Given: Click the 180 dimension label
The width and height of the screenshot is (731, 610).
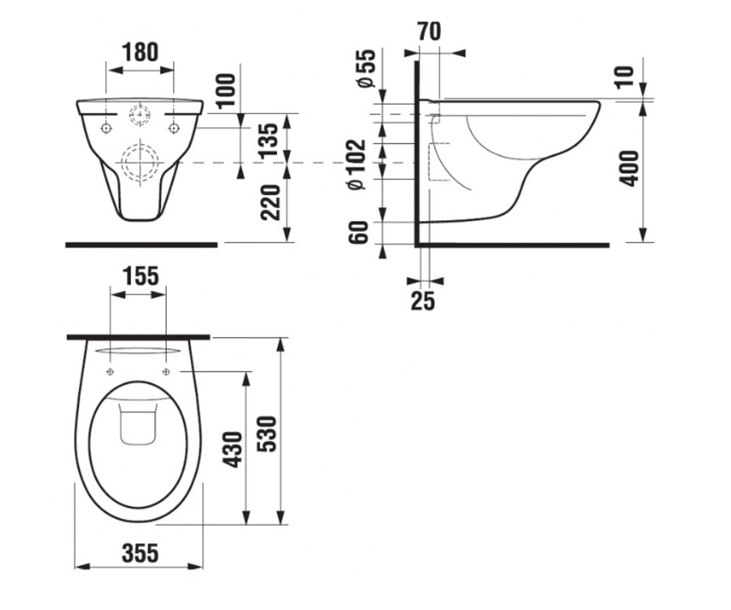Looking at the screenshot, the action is tap(140, 52).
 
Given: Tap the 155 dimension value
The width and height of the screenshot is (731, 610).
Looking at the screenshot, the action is tap(141, 276).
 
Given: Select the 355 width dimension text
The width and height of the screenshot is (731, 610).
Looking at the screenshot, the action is tap(140, 553).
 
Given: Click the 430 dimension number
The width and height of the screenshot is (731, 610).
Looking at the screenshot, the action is tap(233, 450).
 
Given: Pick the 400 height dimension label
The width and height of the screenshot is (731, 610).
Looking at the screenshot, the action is tap(629, 168).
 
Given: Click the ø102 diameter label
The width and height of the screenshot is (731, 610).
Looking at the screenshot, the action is tap(357, 164).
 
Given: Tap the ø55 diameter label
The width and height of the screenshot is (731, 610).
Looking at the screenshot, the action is tap(366, 68).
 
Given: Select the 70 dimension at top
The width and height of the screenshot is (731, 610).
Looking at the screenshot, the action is tap(429, 32).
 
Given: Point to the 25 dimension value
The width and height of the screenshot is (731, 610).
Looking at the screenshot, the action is tap(423, 301).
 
